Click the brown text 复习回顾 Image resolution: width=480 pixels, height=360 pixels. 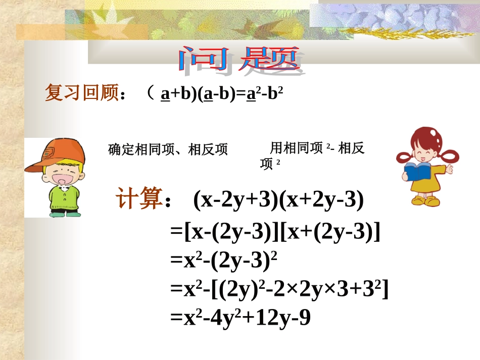click(81, 93)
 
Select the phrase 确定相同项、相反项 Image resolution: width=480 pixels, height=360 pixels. click(168, 149)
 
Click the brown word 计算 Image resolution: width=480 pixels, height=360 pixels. click(139, 199)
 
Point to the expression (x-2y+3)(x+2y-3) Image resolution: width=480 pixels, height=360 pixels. click(278, 200)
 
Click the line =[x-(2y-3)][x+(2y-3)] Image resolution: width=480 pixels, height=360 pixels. click(275, 232)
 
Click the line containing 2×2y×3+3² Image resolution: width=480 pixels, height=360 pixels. click(279, 289)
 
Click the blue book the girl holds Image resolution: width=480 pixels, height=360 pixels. click(416, 172)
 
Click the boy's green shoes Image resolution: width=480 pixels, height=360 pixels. click(65, 214)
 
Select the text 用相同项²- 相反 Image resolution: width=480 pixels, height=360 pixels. click(317, 148)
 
